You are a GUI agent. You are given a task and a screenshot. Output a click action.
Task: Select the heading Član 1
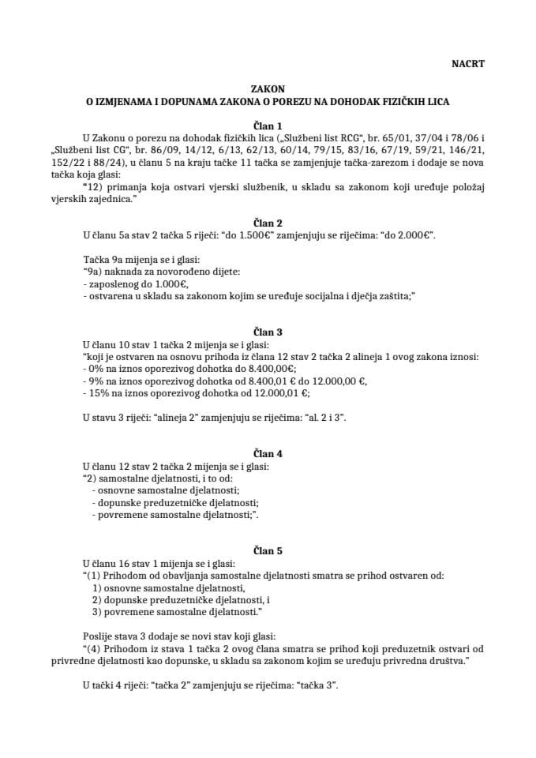(x=268, y=125)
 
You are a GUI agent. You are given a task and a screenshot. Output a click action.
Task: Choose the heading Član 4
(x=268, y=454)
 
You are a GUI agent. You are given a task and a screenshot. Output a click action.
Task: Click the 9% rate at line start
(x=93, y=381)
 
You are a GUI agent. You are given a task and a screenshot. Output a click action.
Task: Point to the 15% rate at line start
(x=96, y=392)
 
